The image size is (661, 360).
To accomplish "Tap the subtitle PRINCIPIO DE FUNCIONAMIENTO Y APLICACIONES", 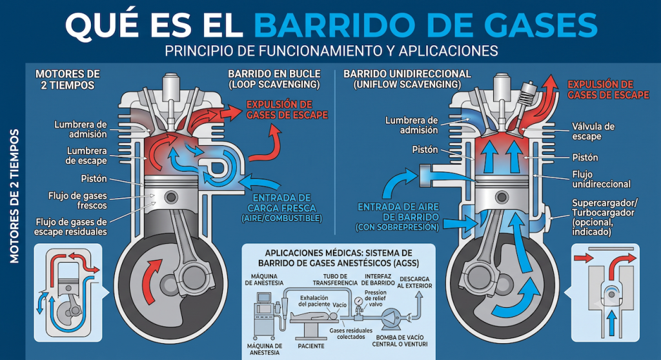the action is [331, 50].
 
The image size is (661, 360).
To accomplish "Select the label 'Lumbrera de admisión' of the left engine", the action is [81, 130].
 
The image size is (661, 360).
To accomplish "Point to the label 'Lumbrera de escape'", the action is [86, 155].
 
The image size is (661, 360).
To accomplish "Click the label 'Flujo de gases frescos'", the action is [77, 201].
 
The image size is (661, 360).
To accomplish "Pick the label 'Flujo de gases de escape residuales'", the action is [71, 227].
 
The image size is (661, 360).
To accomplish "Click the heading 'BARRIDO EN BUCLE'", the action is [274, 74].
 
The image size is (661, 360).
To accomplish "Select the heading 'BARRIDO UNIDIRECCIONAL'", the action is [407, 74].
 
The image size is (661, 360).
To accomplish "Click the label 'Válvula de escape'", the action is [593, 131].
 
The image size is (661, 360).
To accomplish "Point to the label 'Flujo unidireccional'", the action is [601, 179].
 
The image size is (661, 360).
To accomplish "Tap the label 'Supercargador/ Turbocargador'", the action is [605, 207].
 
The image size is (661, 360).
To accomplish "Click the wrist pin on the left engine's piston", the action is [171, 196].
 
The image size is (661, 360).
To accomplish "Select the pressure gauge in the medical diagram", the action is [359, 301].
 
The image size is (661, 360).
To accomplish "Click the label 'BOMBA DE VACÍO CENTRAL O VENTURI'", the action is [400, 341].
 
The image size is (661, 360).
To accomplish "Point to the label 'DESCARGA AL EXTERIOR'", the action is [415, 283].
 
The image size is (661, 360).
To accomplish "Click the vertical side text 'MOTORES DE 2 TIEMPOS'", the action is [14, 196].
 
